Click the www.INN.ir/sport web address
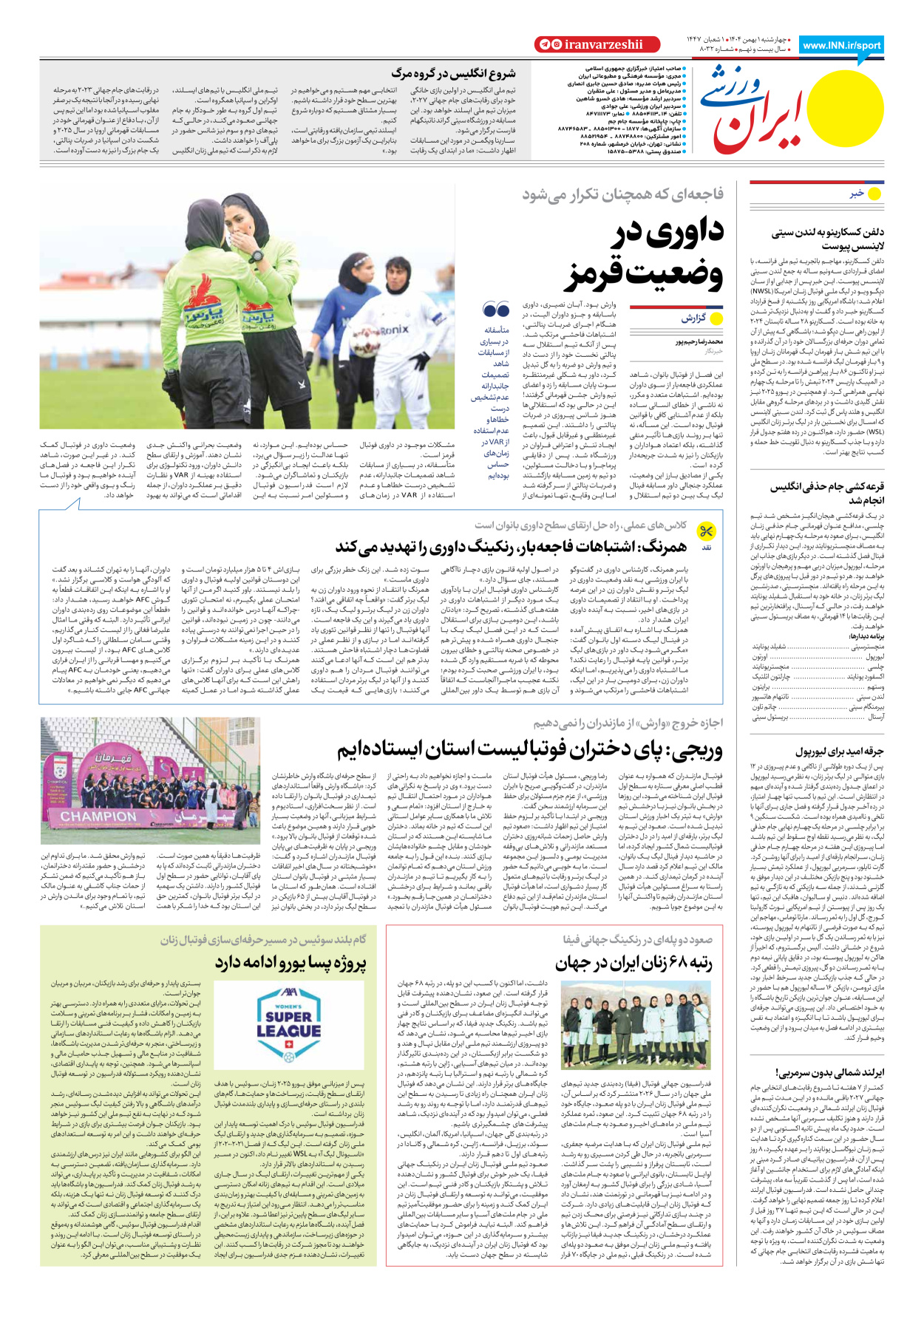pos(841,45)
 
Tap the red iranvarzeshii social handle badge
pos(588,45)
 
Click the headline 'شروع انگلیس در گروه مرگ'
pos(453,73)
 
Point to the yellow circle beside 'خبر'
pos(874,194)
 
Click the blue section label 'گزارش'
pos(693,318)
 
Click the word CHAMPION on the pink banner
pos(98,816)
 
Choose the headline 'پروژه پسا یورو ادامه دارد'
pos(291,963)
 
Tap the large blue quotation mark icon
pos(496,309)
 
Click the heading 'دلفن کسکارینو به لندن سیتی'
pos(827,233)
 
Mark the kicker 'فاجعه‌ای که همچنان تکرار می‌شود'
pos(622,194)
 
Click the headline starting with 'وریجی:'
pos(529,749)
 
